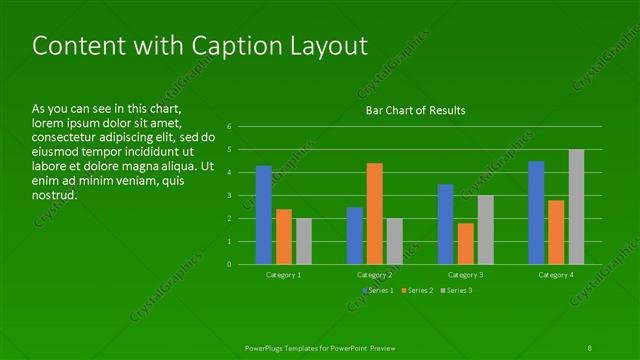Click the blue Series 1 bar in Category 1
click(264, 215)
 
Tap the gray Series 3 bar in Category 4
click(576, 207)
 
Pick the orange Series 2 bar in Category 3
click(465, 243)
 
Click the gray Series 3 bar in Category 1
click(304, 241)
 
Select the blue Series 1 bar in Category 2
click(355, 235)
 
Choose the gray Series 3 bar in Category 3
click(485, 230)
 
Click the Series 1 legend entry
click(376, 290)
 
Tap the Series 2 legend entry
click(417, 290)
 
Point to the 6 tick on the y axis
click(230, 127)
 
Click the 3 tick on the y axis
click(230, 196)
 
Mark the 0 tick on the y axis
click(230, 265)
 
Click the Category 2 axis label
click(374, 274)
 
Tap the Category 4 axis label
click(556, 274)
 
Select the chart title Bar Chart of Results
click(415, 110)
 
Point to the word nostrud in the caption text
click(55, 195)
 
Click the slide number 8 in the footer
click(591, 346)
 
